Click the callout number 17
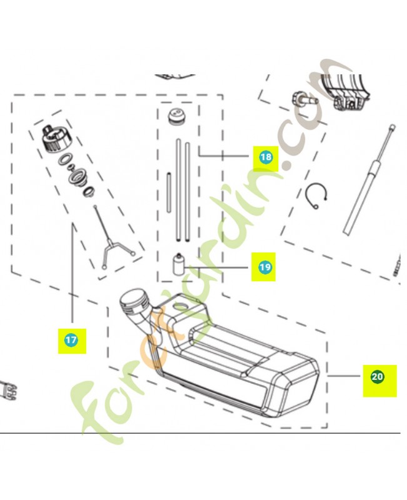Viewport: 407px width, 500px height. coord(71,340)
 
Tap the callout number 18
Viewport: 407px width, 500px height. coord(265,157)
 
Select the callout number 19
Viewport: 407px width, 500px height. coord(265,267)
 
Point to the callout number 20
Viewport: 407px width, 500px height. coord(378,377)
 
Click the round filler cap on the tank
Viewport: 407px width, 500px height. coord(134,301)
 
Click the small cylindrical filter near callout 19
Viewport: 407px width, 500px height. coord(179,264)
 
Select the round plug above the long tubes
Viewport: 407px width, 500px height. coord(177,117)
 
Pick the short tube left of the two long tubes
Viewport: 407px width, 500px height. coord(169,192)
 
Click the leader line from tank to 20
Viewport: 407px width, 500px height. coord(344,376)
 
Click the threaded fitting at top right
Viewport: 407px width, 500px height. coord(305,98)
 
